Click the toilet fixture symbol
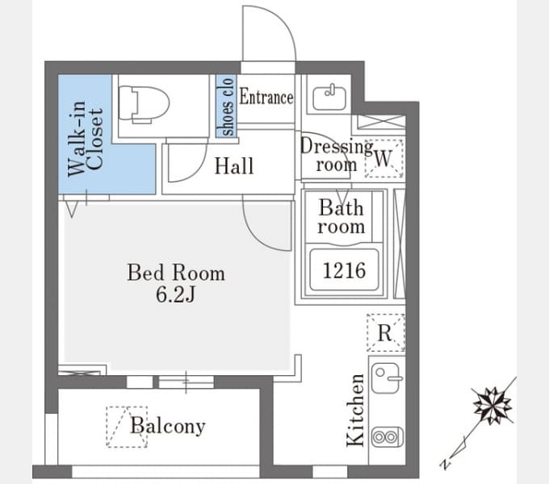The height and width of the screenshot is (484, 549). [144, 104]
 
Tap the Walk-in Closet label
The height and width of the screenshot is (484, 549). [86, 139]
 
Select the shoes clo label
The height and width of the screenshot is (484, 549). [226, 106]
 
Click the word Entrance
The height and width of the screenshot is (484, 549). [266, 97]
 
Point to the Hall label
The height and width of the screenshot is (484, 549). [234, 165]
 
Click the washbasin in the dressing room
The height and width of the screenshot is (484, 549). [329, 97]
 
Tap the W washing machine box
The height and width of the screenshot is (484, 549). [383, 158]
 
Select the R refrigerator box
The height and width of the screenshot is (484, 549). [385, 332]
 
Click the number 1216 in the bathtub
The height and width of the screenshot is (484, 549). [344, 270]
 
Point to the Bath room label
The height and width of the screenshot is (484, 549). [342, 217]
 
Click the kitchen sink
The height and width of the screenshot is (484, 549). [386, 378]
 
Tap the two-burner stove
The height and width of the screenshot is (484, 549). [387, 436]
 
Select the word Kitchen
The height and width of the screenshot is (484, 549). [356, 410]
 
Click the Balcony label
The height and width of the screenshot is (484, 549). [167, 426]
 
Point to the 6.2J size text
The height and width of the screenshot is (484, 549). [175, 294]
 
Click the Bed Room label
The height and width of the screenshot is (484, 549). [176, 273]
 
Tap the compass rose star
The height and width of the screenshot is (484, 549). [492, 405]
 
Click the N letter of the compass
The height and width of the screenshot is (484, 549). [445, 464]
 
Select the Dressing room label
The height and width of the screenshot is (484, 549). [336, 155]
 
